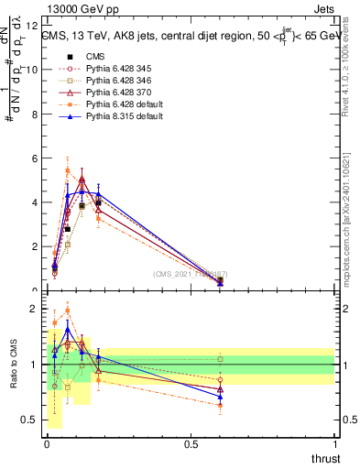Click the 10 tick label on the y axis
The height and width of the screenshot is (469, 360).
[x=33, y=70]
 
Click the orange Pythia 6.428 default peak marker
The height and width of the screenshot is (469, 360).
[x=68, y=170]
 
